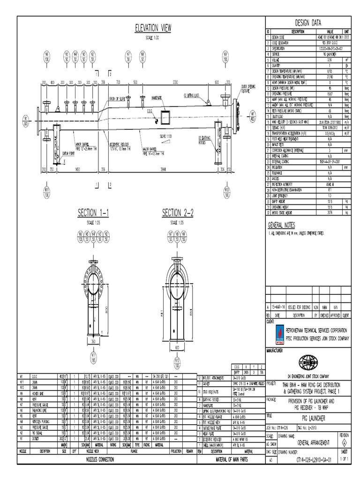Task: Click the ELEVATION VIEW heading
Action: point(153,29)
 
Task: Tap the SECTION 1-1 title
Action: point(93,214)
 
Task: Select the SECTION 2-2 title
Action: point(178,214)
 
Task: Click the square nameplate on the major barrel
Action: point(166,116)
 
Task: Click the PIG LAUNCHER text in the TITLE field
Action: point(307,415)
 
